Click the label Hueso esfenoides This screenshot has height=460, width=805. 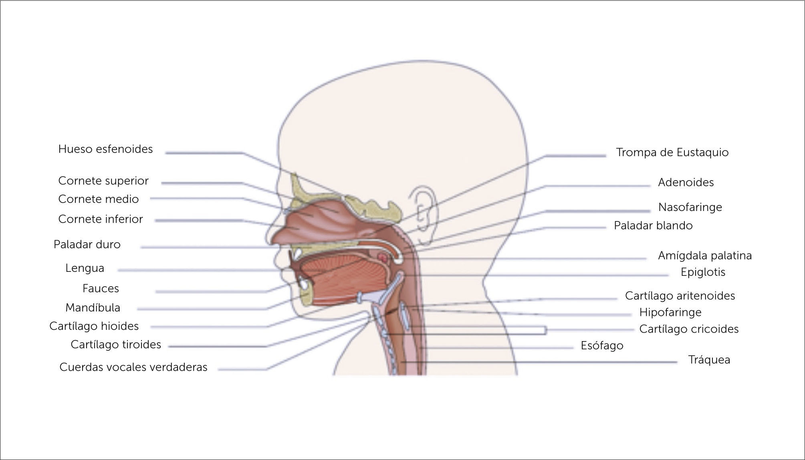pos(105,149)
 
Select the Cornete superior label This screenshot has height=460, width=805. pos(103,181)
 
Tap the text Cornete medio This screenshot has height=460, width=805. pos(99,199)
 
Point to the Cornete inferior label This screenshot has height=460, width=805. pos(101,219)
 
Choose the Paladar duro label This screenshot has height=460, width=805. pos(87,245)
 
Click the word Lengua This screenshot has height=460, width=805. pos(85,268)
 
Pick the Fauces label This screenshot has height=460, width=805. pos(101,289)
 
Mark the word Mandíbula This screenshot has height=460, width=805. pos(93,308)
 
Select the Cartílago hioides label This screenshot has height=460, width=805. pos(94,326)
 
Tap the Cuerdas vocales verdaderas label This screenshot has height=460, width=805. pos(133,367)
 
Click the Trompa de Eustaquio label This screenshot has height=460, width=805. pos(672,153)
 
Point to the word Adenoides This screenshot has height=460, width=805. pos(686,183)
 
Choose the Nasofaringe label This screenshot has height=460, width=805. pos(690,207)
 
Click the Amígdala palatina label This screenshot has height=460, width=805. pos(704,256)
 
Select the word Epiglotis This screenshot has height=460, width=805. pos(703,272)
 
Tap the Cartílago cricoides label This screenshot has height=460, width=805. pos(688,329)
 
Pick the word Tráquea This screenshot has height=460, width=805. pos(709,360)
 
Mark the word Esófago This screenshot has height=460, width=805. pos(602,346)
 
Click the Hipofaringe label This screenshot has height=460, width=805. pos(670,312)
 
